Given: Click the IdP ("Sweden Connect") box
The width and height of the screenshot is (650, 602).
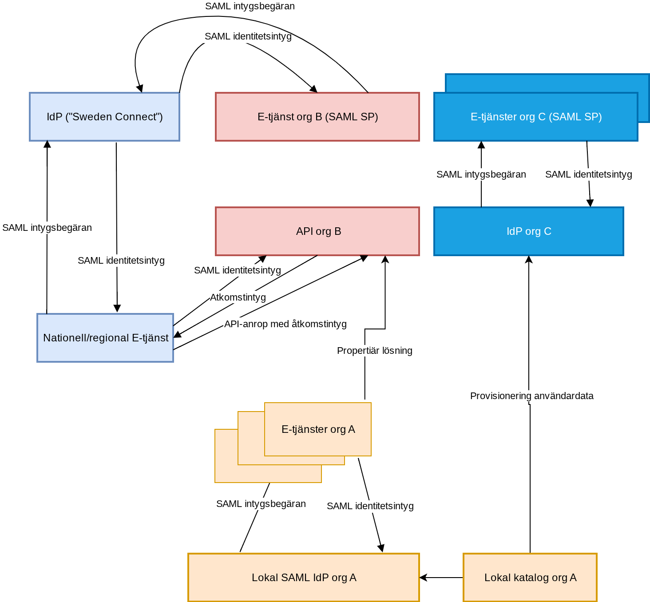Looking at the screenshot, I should pos(104,117).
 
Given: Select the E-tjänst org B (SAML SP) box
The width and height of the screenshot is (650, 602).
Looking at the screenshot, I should pos(317,117).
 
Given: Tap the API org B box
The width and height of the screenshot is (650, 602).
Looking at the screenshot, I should pos(317,231).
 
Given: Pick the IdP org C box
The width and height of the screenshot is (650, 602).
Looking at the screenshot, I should pos(529,231).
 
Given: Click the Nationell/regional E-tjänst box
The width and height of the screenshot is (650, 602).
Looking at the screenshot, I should pos(105,338).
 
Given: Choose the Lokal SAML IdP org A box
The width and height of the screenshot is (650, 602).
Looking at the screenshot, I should pos(304,578).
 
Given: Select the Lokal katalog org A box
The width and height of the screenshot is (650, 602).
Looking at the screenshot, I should pos(530,578).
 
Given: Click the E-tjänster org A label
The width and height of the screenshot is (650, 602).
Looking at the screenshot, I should pos(318,429).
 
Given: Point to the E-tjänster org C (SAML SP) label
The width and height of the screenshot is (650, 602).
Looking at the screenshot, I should pos(536,117).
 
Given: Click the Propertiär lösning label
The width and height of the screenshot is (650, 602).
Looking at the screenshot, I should pos(374,351).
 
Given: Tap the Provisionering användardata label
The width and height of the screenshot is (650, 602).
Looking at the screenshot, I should pos(531,396).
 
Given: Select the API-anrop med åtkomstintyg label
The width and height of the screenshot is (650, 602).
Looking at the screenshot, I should pos(285,324).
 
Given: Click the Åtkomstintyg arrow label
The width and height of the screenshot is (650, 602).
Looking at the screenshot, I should pos(238,297).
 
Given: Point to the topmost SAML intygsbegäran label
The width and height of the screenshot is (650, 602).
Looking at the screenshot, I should pos(250,6).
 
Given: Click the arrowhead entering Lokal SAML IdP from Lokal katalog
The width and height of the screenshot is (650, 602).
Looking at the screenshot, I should pos(423,578).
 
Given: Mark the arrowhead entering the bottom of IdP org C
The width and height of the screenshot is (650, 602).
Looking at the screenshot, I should pos(529,259).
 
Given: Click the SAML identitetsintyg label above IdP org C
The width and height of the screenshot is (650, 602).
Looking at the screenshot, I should pos(588,174).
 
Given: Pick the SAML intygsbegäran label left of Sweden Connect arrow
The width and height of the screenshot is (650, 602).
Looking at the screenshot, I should pos(47,228).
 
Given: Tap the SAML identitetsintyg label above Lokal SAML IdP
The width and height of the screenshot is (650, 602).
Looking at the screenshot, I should pos(370,506).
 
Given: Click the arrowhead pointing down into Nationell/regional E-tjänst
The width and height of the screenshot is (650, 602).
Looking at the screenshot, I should pos(117,309).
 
